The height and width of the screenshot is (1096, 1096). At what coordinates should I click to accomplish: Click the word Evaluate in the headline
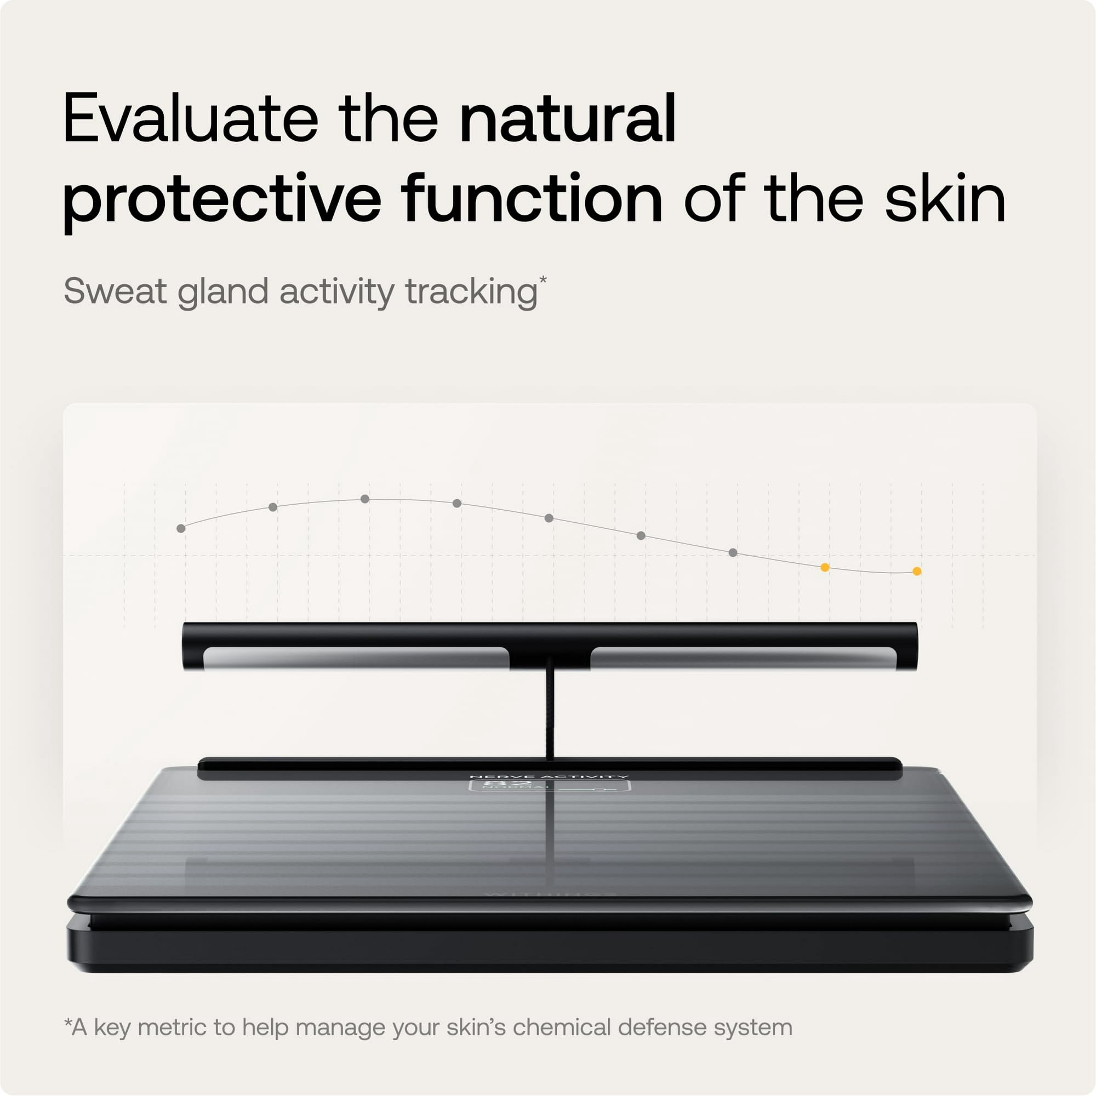pos(191,119)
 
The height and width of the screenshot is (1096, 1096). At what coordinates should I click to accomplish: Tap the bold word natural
pos(567,119)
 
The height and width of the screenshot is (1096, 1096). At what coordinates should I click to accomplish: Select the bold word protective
pos(221,199)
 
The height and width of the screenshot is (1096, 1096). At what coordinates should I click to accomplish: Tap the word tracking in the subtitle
pos(471,293)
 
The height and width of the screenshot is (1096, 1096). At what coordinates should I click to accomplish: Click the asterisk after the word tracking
pos(543,279)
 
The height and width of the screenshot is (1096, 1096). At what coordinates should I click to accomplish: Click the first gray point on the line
pos(181,528)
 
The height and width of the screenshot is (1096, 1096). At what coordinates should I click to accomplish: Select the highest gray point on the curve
pos(365,499)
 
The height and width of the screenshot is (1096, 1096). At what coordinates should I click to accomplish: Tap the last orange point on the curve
pos(917,571)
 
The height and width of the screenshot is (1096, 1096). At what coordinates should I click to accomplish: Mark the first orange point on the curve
pos(825,567)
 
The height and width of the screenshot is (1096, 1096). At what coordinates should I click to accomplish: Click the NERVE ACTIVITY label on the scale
pos(549,777)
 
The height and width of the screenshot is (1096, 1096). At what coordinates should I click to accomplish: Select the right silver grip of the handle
pos(743,658)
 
